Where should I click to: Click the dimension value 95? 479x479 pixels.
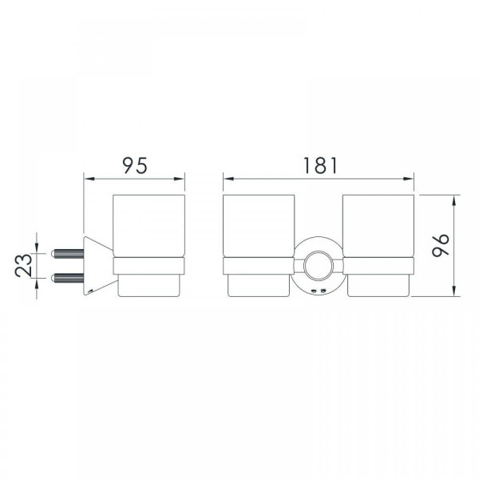(135, 165)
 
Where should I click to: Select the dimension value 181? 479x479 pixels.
(320, 165)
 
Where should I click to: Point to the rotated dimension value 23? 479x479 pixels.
(23, 265)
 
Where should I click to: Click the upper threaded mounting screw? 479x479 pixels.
(67, 254)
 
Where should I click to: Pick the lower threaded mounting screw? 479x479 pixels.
(67, 278)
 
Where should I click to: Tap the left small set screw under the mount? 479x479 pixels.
(313, 291)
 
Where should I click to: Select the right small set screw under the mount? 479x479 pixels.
(323, 291)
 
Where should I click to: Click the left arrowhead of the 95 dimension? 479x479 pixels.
(89, 179)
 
